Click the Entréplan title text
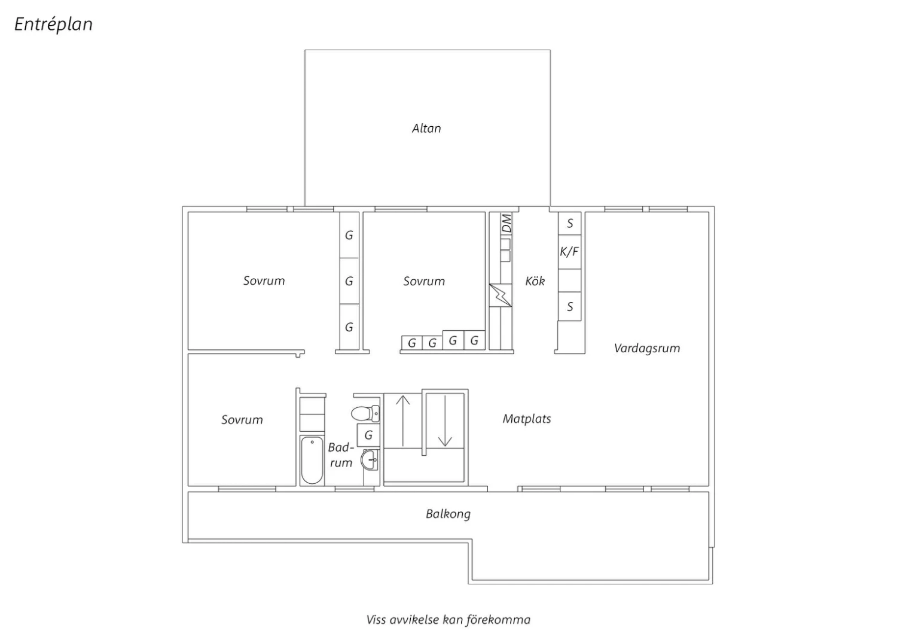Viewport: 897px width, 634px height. (x=53, y=25)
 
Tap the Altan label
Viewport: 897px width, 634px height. (x=426, y=129)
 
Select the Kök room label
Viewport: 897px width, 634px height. (x=535, y=281)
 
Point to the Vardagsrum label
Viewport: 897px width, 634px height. (x=647, y=349)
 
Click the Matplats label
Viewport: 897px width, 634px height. (x=527, y=419)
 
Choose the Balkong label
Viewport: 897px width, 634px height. (x=448, y=514)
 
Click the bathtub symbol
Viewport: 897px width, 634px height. (x=312, y=460)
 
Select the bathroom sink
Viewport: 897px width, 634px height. (x=369, y=459)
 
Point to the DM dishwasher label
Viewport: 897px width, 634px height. (x=507, y=224)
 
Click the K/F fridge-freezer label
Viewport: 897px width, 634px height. (x=569, y=252)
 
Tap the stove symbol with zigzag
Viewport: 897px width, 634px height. (x=501, y=295)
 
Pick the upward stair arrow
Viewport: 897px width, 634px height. (x=403, y=420)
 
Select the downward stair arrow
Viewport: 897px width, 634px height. (x=445, y=420)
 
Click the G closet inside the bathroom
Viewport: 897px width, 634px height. (x=368, y=435)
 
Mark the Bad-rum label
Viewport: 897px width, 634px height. (x=341, y=455)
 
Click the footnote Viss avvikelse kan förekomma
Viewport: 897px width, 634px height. (x=448, y=620)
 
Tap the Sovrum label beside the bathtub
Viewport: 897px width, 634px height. (x=242, y=420)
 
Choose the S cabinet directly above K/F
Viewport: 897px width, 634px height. (x=570, y=224)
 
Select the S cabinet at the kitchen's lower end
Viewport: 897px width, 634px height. (x=570, y=307)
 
